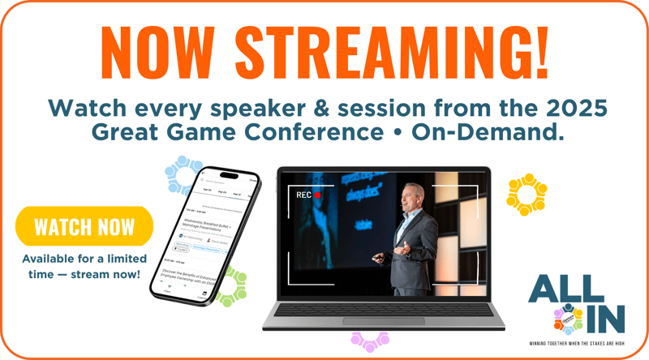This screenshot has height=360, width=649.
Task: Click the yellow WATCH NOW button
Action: [x=84, y=225]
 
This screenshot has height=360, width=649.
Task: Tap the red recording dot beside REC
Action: [x=319, y=195]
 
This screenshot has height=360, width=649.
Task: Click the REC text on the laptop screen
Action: [x=303, y=195]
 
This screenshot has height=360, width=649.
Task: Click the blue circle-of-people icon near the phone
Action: [x=185, y=173]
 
